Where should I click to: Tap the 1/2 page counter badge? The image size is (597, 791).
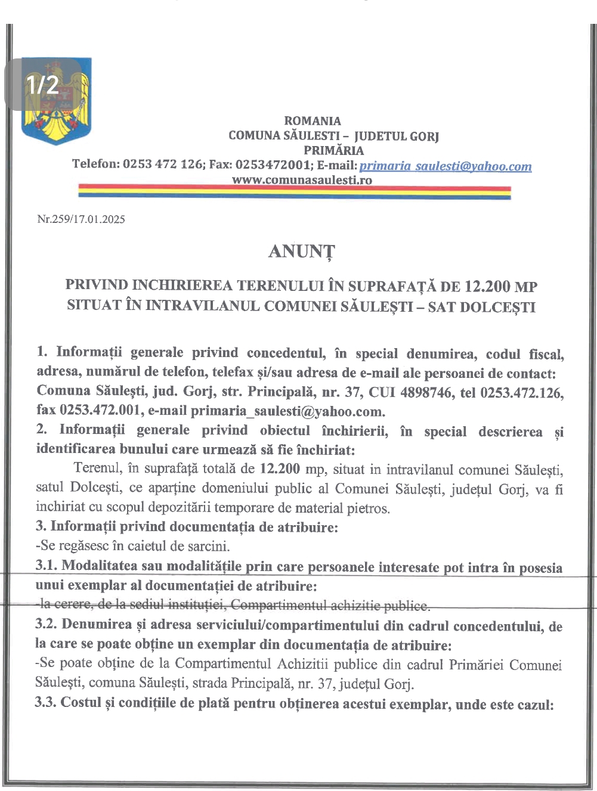coord(42,85)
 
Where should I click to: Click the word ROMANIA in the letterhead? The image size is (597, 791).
coord(313,121)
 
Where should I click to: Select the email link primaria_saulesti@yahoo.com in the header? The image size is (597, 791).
coord(445,166)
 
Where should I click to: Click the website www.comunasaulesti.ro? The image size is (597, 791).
coord(302,179)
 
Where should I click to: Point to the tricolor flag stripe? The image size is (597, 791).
coord(295,191)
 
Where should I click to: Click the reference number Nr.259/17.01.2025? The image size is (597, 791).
coord(81,219)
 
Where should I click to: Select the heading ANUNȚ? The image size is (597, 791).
coord(302,251)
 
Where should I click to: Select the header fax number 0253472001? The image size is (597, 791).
coord(273,165)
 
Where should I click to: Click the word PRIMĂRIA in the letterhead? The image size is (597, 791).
coord(333,150)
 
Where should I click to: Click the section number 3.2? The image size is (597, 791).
coord(46,624)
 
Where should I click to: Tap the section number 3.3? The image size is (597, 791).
coord(45,702)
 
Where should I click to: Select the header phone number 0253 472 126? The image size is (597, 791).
coord(163,164)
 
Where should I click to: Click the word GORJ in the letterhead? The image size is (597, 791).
coord(424,136)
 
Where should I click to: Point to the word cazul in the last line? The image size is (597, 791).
coord(536,705)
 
